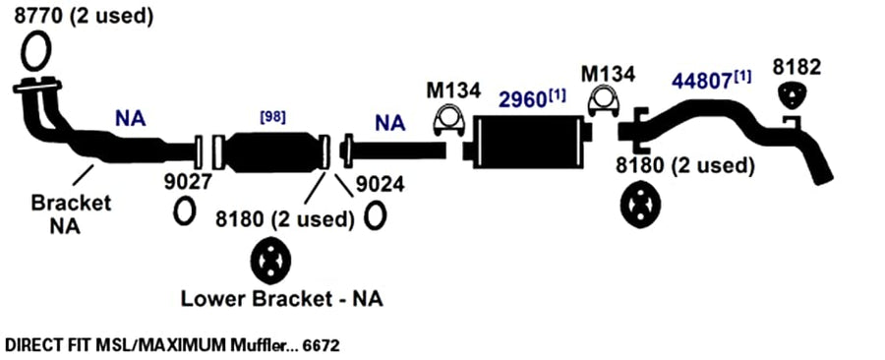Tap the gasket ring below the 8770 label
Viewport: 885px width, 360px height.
[x=24, y=52]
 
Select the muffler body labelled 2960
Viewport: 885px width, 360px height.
[x=529, y=142]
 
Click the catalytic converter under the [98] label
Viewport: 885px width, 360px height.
[x=271, y=152]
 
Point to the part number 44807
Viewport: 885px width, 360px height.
[x=702, y=82]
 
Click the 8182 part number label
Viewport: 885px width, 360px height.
[x=796, y=67]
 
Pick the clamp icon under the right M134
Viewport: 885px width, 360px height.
[x=604, y=101]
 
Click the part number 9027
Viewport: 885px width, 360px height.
[x=189, y=182]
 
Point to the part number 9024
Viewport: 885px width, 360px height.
[x=381, y=184]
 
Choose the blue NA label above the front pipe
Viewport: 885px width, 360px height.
[x=131, y=119]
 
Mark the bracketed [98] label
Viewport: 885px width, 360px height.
[x=272, y=117]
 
